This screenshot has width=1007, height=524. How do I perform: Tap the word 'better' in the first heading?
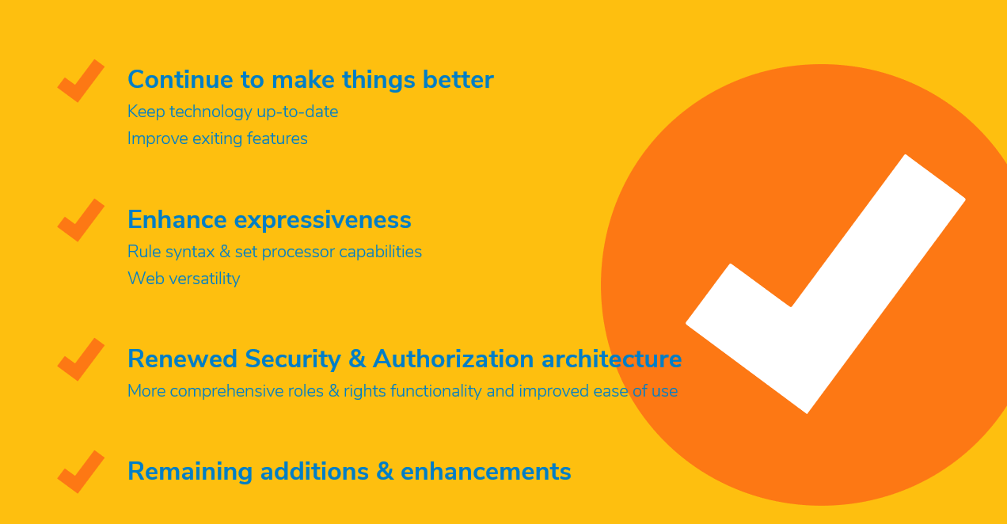[x=458, y=79]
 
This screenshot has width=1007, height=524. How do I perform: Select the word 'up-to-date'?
[x=297, y=112]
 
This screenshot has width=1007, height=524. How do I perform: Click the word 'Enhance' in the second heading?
[x=177, y=220]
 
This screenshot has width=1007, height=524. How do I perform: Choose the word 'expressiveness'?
[x=323, y=221]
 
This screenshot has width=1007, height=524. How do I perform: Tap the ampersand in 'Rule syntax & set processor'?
[x=225, y=252]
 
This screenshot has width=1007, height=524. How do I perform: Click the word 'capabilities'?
[x=380, y=253]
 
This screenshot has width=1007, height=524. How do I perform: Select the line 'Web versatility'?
[x=184, y=279]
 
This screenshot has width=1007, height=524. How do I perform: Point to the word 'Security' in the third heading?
[x=293, y=359]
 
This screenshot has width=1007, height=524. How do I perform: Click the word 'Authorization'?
[x=453, y=359]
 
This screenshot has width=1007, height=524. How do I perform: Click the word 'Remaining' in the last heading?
[x=190, y=472]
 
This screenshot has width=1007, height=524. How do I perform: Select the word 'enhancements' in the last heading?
[x=486, y=472]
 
